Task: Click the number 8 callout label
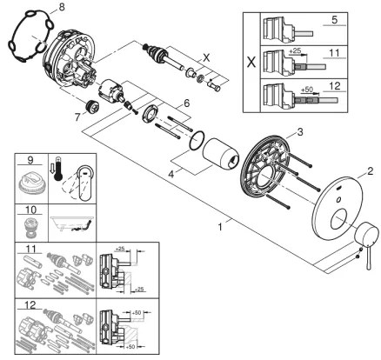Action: tap(61, 8)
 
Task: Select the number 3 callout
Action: tap(298, 131)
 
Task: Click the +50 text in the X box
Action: tap(307, 89)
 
